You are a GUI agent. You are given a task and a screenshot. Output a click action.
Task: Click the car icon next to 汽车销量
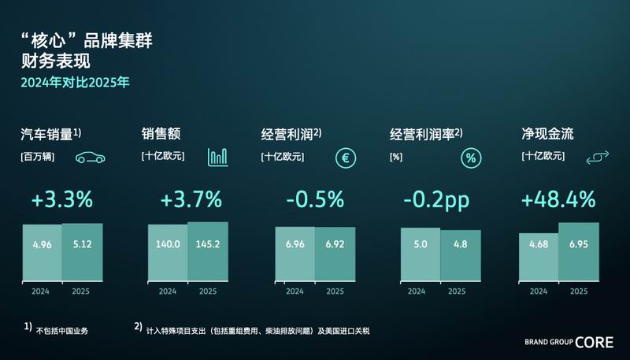(x=91, y=158)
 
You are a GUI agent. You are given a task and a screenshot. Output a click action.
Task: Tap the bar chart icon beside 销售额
(x=218, y=158)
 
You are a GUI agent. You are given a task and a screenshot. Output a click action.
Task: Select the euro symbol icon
(x=344, y=158)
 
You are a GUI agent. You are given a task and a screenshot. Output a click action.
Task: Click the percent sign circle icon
(x=471, y=158)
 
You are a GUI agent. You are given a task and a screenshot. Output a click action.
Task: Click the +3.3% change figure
(x=63, y=200)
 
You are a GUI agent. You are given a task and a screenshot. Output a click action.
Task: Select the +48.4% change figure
(x=558, y=200)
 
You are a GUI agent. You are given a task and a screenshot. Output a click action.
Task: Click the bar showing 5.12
(x=83, y=252)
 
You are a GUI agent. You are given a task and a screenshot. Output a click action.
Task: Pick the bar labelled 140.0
(x=168, y=253)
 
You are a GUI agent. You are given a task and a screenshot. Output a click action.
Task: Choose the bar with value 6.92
(x=335, y=254)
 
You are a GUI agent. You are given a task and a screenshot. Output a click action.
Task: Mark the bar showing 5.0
(x=421, y=254)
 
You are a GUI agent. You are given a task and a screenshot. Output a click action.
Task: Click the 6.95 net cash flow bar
(x=579, y=251)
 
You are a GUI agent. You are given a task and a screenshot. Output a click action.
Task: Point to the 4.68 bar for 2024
(x=539, y=257)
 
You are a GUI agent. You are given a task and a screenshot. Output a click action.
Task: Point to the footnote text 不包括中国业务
(x=62, y=331)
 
